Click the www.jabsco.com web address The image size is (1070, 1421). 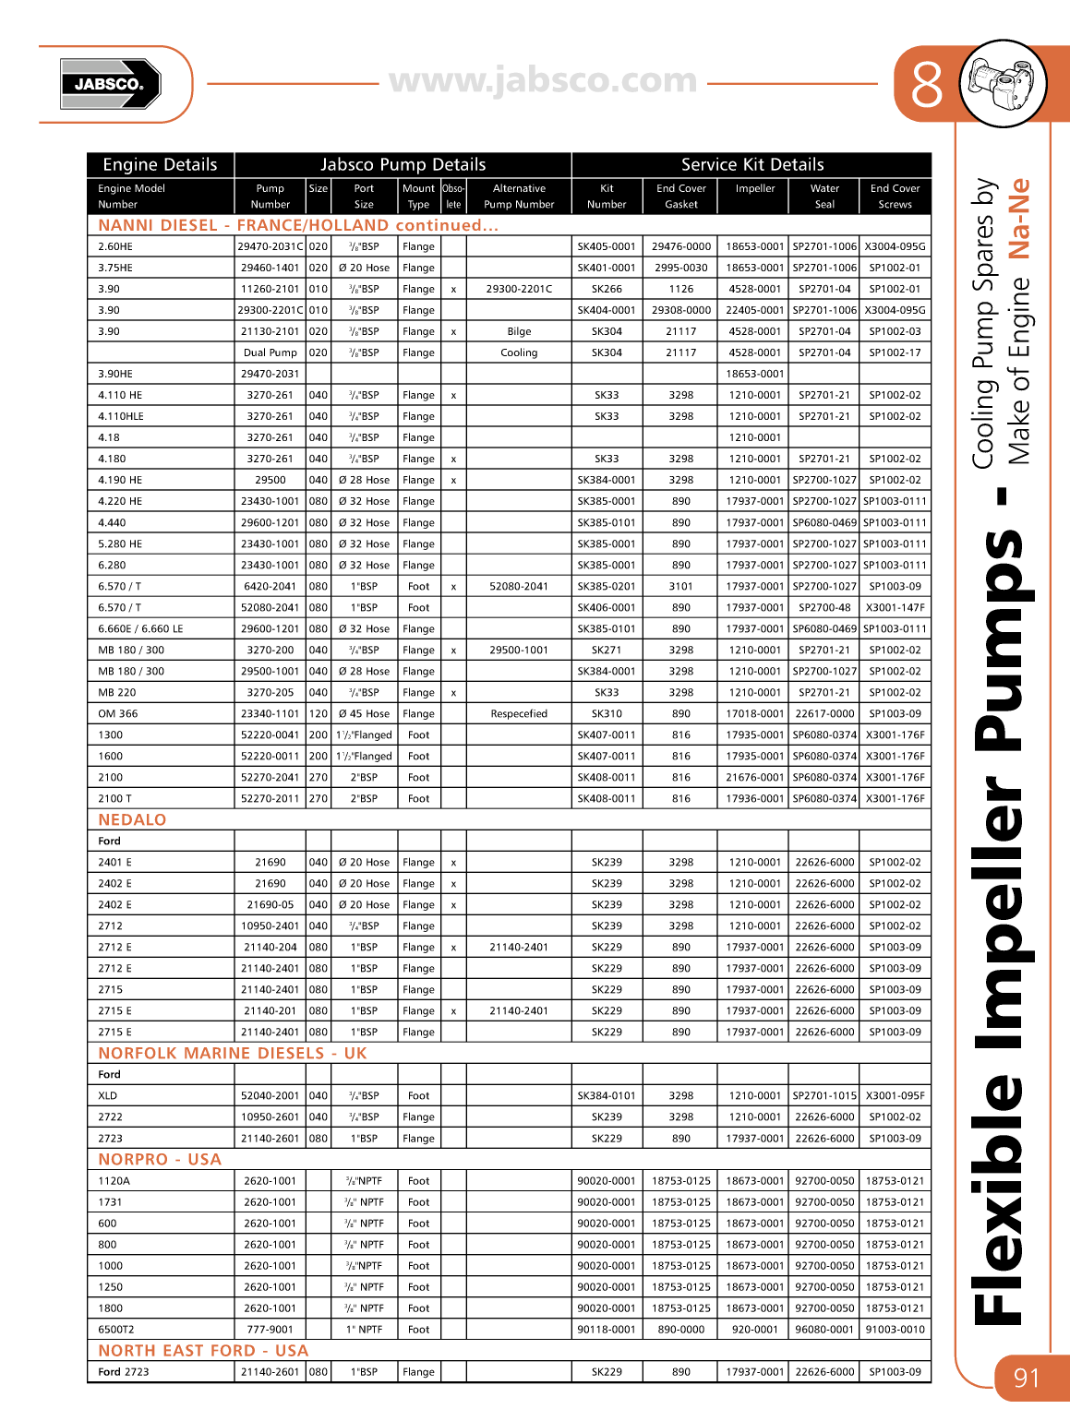543,81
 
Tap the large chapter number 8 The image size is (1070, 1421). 926,85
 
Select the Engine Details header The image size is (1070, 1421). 160,165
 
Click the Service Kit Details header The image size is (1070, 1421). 752,165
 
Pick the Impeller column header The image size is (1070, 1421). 755,189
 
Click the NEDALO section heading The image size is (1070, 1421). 132,819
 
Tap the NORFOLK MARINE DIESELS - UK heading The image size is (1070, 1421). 233,1053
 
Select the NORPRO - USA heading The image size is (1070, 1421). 160,1159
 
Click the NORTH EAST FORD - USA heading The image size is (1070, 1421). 203,1350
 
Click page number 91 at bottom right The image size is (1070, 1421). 1027,1378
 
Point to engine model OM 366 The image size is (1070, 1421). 118,713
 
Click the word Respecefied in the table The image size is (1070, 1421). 519,713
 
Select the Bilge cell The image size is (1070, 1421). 519,331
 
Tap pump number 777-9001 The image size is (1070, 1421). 270,1330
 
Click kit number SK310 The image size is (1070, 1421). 607,713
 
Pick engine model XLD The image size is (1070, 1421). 108,1095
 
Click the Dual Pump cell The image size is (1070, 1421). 270,352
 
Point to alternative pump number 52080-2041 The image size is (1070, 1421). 519,586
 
